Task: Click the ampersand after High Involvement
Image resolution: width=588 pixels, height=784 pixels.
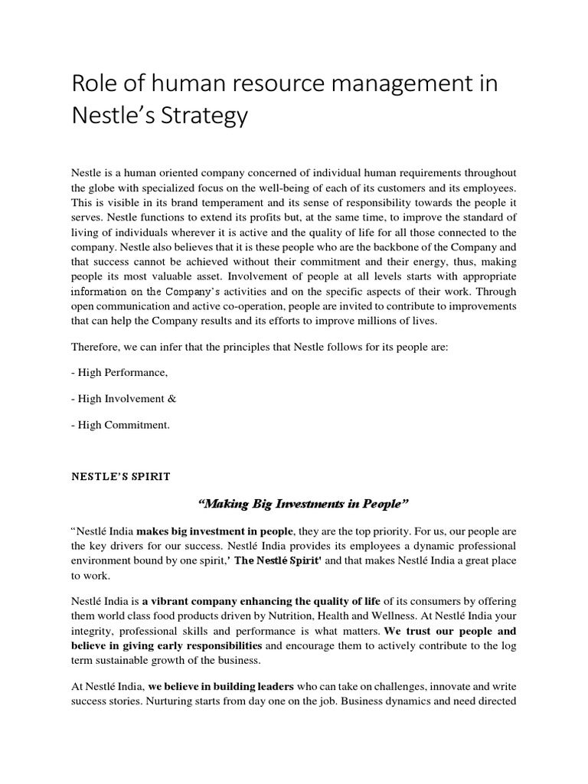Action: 172,398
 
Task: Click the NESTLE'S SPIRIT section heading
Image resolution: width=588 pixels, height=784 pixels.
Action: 121,476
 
